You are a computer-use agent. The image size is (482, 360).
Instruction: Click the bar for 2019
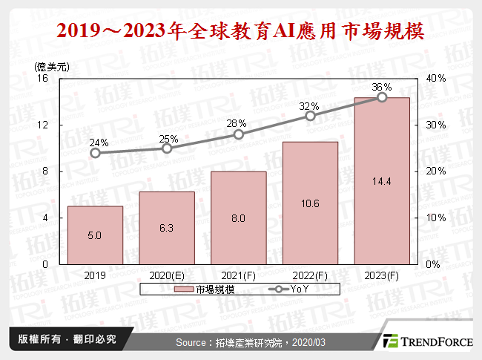tap(95, 235)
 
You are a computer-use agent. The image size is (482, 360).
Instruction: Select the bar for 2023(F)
tap(382, 180)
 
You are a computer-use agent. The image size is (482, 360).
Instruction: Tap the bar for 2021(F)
tap(239, 217)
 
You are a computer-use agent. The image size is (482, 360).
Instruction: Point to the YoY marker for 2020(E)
tap(167, 148)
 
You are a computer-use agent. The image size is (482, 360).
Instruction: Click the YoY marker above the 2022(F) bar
tap(310, 116)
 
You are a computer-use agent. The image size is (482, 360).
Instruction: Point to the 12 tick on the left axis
tap(43, 125)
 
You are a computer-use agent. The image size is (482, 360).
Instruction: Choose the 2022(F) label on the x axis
tap(310, 274)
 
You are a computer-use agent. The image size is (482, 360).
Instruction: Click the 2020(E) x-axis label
tap(167, 274)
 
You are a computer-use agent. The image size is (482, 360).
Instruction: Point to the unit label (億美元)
tap(52, 67)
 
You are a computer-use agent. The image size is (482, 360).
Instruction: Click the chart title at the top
tap(241, 31)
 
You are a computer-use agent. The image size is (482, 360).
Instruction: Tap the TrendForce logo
tap(426, 341)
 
